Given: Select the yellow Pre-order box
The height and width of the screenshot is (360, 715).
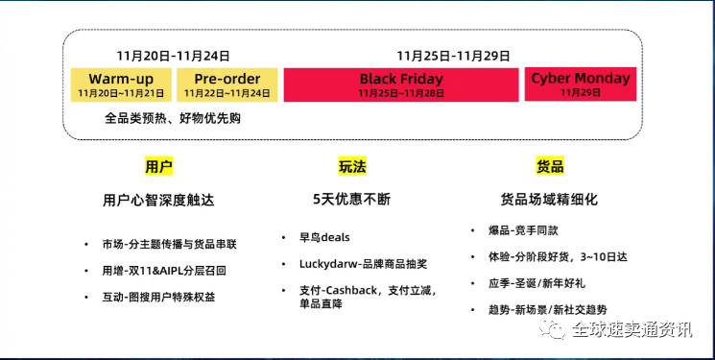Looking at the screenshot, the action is (227, 84).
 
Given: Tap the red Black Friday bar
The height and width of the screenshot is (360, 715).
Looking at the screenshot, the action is (401, 84).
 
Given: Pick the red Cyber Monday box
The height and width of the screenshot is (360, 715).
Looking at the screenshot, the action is (581, 84).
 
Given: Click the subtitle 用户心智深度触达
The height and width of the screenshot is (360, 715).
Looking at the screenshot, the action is (158, 200).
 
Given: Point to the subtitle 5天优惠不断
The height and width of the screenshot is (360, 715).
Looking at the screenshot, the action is (352, 200).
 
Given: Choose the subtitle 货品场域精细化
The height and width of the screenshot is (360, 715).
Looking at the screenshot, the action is (549, 200).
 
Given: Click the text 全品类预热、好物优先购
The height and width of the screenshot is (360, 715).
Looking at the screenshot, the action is (173, 119).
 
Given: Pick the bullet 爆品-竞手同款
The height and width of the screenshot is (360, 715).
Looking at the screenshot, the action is (521, 231).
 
